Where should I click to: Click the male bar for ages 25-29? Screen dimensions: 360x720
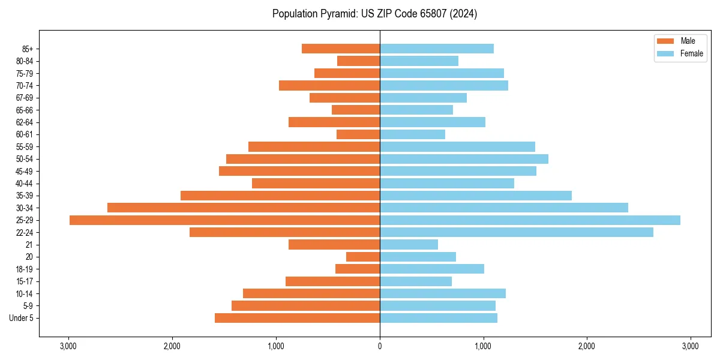[225, 220]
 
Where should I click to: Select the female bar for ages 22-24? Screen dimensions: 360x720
[516, 232]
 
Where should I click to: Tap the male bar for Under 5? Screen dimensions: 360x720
[297, 318]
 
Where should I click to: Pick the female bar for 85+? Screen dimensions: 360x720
[437, 49]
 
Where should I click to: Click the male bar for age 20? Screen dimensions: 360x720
[363, 257]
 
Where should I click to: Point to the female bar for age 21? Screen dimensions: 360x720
[409, 245]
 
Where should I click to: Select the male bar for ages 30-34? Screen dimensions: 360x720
[244, 208]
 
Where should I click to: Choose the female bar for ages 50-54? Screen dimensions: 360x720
[464, 159]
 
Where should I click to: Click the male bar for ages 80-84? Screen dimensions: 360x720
[358, 61]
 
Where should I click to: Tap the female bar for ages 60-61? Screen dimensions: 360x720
[412, 134]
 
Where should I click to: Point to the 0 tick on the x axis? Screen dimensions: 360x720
[380, 346]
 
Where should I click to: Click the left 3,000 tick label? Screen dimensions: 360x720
[68, 346]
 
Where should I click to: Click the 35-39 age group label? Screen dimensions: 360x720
[25, 196]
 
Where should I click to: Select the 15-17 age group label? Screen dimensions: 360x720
[25, 281]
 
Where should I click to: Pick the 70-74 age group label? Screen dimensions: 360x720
[25, 86]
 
